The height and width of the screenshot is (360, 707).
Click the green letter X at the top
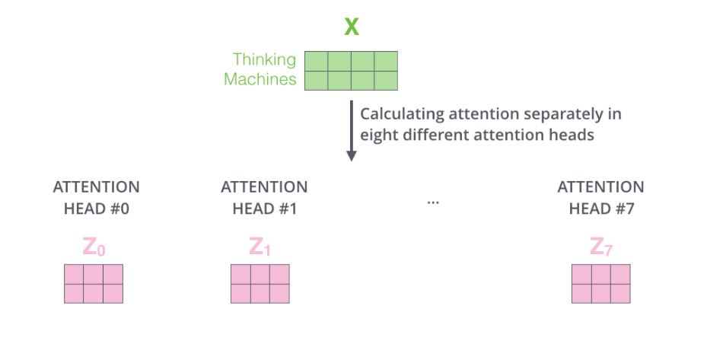pos(351,27)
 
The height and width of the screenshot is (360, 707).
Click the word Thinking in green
pos(264,59)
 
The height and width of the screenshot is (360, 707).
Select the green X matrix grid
pos(351,71)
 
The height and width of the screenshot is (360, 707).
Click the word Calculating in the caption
pos(400,114)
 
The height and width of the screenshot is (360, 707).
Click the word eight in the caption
pos(378,135)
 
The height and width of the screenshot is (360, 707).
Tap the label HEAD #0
pos(96,208)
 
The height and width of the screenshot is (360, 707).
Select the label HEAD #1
pos(264,208)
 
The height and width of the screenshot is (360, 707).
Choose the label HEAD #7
pos(600,208)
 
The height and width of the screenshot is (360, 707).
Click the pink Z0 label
pos(94,247)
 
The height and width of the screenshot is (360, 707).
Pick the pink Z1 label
pos(260,247)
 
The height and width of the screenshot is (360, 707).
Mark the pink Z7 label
pos(601,247)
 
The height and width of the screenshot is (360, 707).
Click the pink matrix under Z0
pos(94,284)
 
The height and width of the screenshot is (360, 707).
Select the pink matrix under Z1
pos(260,284)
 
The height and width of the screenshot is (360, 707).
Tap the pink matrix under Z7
pos(601,284)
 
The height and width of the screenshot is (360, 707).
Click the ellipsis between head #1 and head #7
pos(433,202)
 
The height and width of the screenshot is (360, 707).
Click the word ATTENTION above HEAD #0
pos(96,187)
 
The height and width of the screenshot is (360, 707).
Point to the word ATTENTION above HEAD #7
pos(600,187)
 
